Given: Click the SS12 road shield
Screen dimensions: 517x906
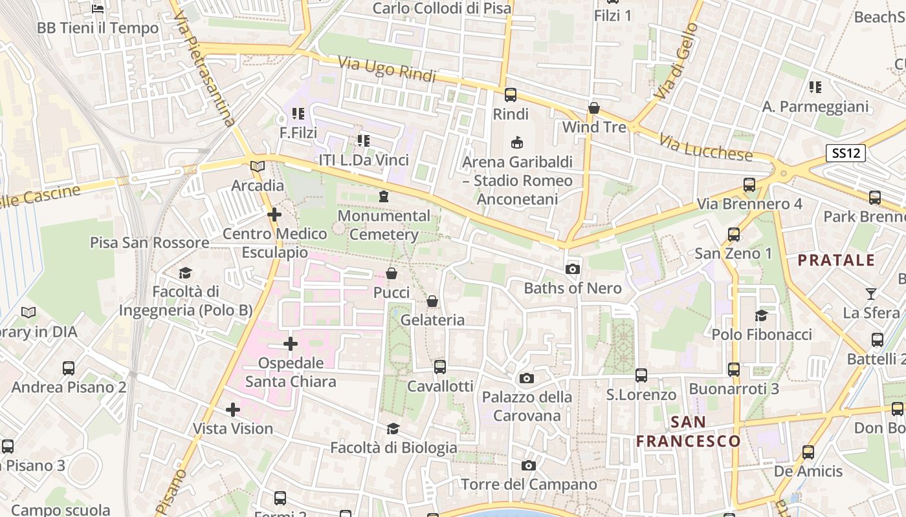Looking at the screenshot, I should tap(846, 153).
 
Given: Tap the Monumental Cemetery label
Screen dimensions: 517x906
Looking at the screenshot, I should tap(384, 225).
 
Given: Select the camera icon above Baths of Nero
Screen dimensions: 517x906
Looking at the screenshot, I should tap(572, 269).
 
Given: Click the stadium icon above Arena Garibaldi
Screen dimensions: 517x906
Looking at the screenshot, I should tap(516, 142).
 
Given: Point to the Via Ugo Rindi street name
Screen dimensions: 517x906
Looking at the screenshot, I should tap(386, 70).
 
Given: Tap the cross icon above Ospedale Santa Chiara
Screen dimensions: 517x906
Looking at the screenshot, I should tap(291, 344).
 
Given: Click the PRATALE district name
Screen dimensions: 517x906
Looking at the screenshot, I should tap(836, 260).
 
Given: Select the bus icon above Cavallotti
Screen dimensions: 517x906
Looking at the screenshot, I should tap(440, 367).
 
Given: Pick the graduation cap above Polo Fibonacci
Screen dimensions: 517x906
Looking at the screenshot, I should tap(761, 315).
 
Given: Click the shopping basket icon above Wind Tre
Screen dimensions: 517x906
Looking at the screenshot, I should tap(594, 108).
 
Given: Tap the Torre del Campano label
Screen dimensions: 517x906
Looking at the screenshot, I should tap(529, 484).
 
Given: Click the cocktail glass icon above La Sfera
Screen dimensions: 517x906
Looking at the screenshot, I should tap(870, 294).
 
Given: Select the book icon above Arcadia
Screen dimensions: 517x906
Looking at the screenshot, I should tap(258, 166).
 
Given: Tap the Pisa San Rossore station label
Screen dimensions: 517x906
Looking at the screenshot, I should tap(149, 243).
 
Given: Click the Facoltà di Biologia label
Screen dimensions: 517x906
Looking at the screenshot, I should tap(393, 447).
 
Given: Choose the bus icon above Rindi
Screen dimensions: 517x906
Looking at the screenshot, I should tap(511, 95).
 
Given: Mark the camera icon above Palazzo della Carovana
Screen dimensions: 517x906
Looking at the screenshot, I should tap(527, 378).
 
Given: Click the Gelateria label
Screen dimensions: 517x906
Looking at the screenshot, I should tap(433, 320).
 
